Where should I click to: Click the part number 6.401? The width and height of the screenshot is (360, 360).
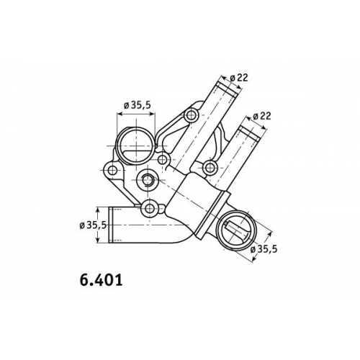pos(101,280)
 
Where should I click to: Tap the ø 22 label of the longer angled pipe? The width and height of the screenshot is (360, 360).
pos(238,78)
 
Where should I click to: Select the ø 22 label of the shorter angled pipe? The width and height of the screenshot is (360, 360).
pos(262,116)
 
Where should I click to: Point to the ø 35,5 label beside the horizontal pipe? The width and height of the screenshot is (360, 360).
pos(94,225)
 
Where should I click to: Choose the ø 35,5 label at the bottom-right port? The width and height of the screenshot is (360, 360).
pos(264,249)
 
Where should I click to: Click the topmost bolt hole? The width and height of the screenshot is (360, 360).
pos(192,115)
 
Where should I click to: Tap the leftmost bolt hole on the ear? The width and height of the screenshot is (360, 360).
pos(112,171)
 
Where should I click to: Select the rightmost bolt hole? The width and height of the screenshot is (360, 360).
pos(210,167)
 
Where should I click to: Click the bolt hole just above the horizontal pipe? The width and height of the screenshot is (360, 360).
pos(150,207)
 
